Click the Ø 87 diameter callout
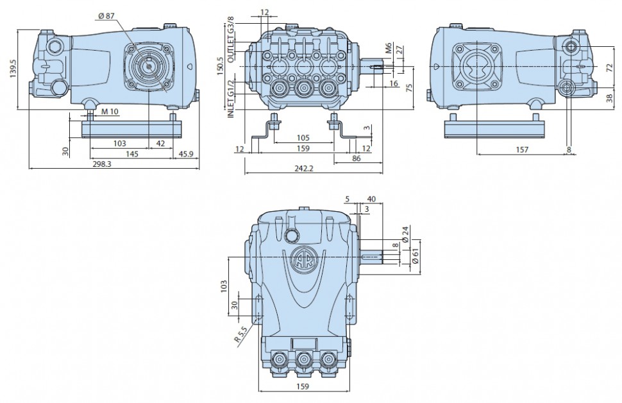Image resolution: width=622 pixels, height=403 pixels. point(106,15)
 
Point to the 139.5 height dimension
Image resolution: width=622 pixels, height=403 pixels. point(13,68)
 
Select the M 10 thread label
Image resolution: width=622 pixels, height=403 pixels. point(110,112)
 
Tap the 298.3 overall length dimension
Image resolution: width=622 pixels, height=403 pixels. point(101,164)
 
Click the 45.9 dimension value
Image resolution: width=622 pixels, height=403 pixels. point(186,153)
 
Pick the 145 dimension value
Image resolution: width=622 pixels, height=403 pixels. point(131,153)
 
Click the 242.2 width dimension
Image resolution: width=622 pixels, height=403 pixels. point(304,168)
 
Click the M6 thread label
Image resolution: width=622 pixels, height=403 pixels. point(389,47)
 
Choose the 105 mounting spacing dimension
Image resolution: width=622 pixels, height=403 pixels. point(303,138)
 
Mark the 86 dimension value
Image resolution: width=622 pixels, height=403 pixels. point(357,159)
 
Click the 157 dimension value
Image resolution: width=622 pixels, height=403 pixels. point(522,150)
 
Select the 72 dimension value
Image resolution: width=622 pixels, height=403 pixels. point(610,68)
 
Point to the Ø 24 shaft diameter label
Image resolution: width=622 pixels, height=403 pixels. point(405,235)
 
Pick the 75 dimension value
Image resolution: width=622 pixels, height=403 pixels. point(410,87)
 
